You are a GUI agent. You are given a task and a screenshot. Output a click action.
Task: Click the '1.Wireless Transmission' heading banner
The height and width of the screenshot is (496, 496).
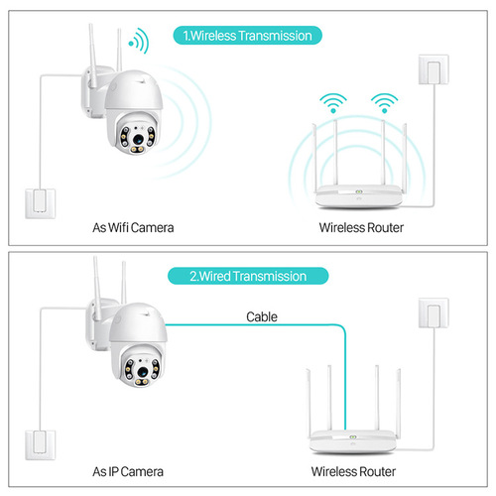[247, 36]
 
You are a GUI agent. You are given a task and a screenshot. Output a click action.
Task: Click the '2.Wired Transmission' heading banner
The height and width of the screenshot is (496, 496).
[247, 276]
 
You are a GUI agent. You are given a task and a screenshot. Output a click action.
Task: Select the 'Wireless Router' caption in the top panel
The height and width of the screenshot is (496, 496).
[362, 228]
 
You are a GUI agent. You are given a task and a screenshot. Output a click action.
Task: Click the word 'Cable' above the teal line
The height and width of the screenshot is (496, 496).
[263, 317]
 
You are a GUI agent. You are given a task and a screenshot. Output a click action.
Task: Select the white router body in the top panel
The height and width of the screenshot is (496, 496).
[357, 197]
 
